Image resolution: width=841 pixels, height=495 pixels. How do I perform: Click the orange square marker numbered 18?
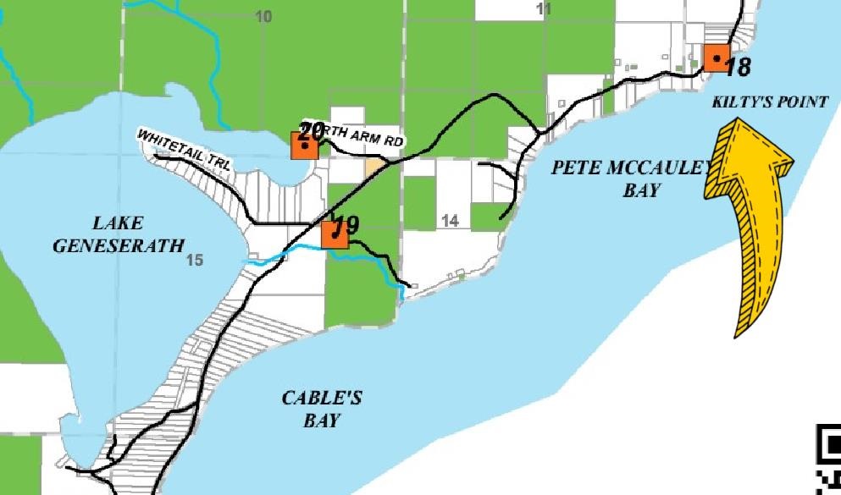[717, 58]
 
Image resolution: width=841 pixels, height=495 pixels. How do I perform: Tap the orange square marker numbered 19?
[335, 234]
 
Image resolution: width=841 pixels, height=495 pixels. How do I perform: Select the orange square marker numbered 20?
[304, 146]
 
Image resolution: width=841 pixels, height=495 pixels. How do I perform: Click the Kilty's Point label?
[770, 102]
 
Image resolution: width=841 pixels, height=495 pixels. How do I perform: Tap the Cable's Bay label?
[321, 409]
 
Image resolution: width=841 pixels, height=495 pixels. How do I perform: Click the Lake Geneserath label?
[118, 235]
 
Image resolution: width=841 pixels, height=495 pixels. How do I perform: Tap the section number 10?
[263, 16]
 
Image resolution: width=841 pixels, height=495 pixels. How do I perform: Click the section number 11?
[544, 8]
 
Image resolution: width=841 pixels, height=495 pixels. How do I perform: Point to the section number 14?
[450, 221]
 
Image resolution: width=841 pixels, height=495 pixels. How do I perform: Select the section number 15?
[195, 260]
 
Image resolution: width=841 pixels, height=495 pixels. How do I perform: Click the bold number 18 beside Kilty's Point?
[738, 67]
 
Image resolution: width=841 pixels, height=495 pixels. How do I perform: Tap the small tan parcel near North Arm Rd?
[373, 166]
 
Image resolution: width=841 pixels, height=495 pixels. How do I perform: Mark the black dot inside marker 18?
[717, 58]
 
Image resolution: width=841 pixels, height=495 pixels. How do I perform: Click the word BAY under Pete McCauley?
[640, 190]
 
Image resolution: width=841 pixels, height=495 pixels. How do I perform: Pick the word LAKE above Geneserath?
[118, 224]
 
